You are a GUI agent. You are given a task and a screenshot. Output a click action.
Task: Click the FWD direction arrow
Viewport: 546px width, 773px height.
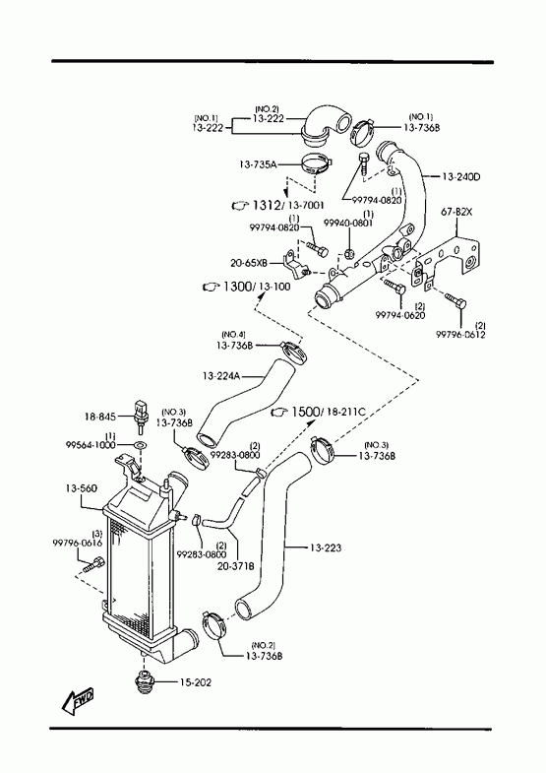coord(78,701)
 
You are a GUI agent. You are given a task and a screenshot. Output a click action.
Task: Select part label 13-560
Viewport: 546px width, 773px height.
coord(82,488)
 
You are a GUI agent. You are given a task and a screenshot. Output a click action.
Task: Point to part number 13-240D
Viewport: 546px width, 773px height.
coord(460,176)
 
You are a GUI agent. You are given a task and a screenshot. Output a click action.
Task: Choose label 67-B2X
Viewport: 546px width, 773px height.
coord(455,212)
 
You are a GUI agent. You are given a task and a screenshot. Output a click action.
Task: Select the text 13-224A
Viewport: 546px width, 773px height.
coord(221,376)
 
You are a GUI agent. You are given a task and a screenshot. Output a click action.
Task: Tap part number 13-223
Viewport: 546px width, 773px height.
coord(326,548)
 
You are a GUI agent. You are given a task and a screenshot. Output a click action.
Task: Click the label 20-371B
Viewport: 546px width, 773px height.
coord(235,566)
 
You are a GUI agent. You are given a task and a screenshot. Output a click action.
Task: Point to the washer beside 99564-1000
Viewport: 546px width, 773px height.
coord(140,445)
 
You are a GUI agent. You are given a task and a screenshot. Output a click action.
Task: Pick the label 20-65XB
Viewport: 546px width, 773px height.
coord(249,263)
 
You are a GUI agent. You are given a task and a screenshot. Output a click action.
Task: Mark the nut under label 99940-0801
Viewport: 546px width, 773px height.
coord(348,253)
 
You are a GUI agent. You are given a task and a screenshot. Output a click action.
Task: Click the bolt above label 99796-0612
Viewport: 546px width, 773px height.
coord(455,301)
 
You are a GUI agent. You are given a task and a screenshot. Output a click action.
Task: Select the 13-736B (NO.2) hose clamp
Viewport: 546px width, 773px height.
coord(214,624)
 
